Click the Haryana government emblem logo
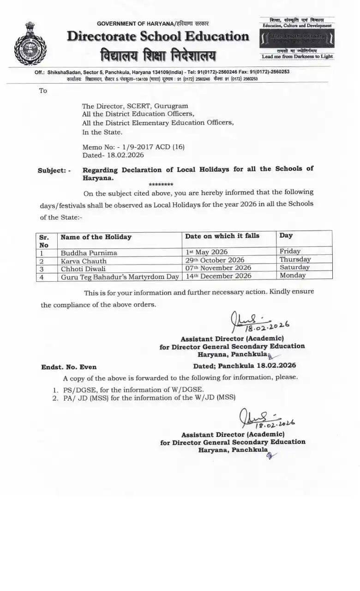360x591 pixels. (30, 44)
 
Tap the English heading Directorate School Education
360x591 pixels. (158, 36)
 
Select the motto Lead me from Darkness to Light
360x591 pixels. (297, 56)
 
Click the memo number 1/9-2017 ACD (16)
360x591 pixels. (133, 147)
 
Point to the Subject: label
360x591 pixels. (54, 170)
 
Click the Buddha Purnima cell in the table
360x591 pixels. (89, 253)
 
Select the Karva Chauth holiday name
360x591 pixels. (84, 261)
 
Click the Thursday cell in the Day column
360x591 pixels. (295, 259)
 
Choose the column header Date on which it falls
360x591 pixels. (222, 236)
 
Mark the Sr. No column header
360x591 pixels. (44, 241)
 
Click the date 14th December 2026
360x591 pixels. (218, 276)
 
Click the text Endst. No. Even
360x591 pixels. (69, 367)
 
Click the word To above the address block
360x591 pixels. (43, 91)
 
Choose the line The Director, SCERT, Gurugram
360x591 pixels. (135, 106)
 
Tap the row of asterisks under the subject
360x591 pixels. (161, 184)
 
